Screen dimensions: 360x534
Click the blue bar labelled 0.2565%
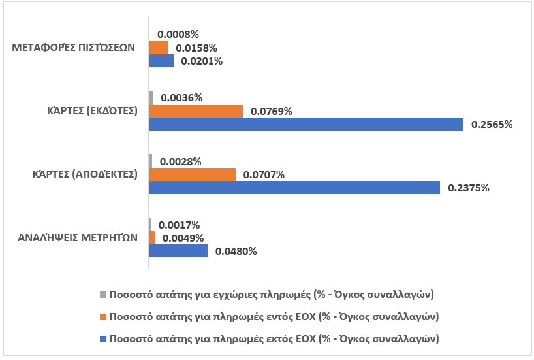click(x=307, y=123)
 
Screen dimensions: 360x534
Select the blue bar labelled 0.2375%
click(x=295, y=188)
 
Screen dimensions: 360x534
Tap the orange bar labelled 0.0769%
click(x=196, y=111)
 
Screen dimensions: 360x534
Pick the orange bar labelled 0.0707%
click(x=193, y=174)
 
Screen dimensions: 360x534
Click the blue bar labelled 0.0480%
click(x=179, y=251)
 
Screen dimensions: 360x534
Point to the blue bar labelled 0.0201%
click(x=162, y=61)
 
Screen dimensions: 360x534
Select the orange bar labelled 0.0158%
click(x=159, y=48)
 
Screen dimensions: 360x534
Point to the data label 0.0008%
click(x=178, y=34)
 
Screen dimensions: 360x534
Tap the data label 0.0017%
click(x=179, y=225)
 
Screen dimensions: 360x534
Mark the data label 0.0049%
click(x=183, y=238)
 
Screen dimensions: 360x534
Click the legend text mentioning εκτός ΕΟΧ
click(x=274, y=339)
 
